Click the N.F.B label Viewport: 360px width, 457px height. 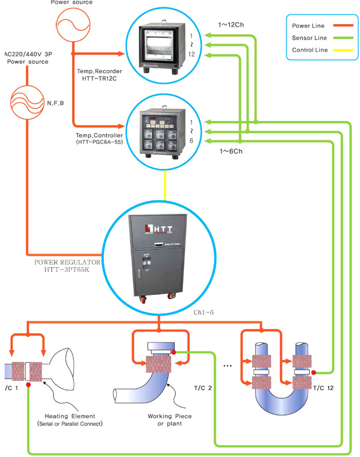(55, 102)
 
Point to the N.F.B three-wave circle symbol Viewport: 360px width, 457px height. (26, 102)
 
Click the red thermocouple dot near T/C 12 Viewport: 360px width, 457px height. (313, 373)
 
